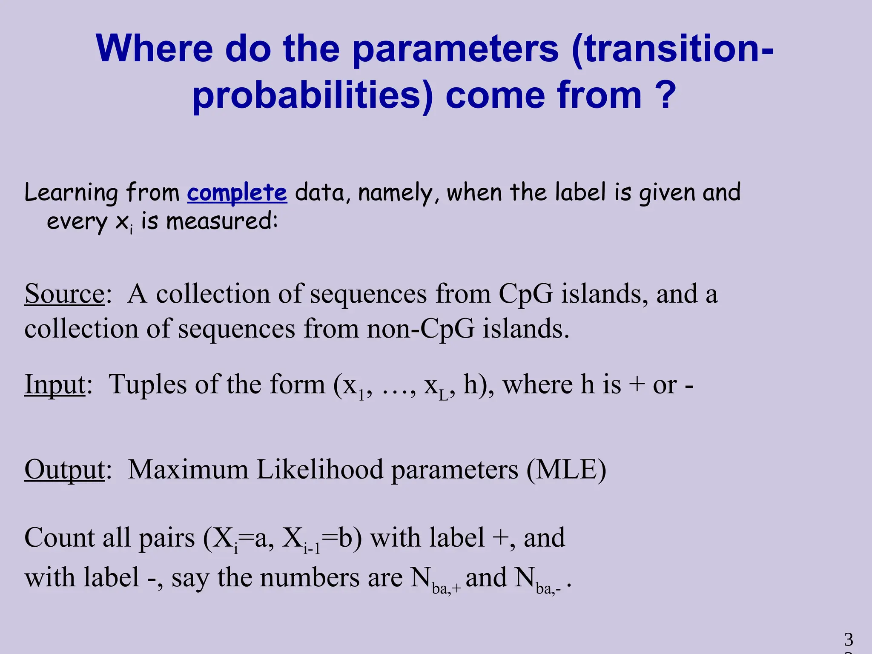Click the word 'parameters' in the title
[x=456, y=49]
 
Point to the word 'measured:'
[x=222, y=221]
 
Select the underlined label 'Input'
[x=55, y=384]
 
